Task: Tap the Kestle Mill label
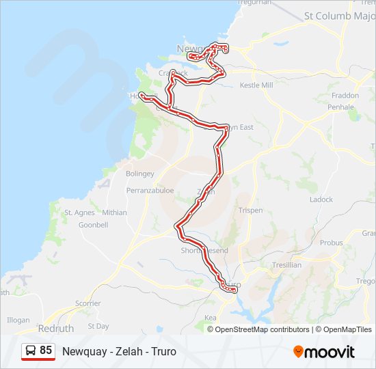[256, 85]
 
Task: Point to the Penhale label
[340, 107]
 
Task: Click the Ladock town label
[321, 200]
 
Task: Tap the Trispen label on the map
[250, 210]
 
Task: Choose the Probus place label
[331, 243]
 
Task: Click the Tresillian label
[286, 265]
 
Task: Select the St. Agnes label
[79, 213]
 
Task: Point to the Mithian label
[114, 213]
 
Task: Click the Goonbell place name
[94, 224]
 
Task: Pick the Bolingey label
[140, 174]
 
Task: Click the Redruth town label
[56, 329]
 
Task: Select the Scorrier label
[88, 303]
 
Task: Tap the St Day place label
[98, 326]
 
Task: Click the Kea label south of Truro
[211, 318]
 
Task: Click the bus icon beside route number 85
[31, 351]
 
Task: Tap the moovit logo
[324, 351]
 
